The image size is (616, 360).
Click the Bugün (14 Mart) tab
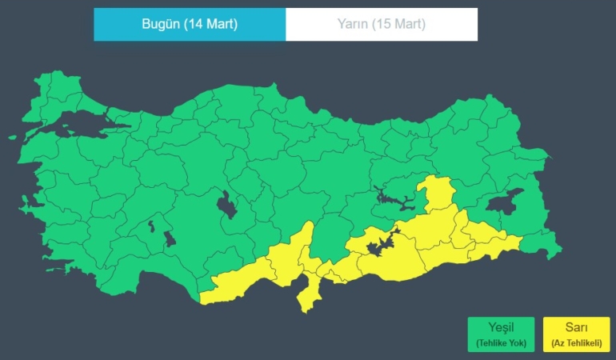[x=190, y=24]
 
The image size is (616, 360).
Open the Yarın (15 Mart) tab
[x=381, y=24]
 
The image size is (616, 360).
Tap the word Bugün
[x=162, y=24]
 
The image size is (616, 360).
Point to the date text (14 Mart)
[x=210, y=24]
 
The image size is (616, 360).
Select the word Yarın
[x=354, y=24]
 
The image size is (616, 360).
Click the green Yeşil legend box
[x=501, y=334]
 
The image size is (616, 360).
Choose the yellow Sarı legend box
[x=576, y=334]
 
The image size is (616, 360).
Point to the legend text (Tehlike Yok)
[x=501, y=343]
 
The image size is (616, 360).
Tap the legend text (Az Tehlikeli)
[x=576, y=343]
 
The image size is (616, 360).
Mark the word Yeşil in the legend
[x=501, y=327]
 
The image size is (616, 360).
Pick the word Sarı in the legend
[x=576, y=327]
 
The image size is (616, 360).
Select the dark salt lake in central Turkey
[x=226, y=206]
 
